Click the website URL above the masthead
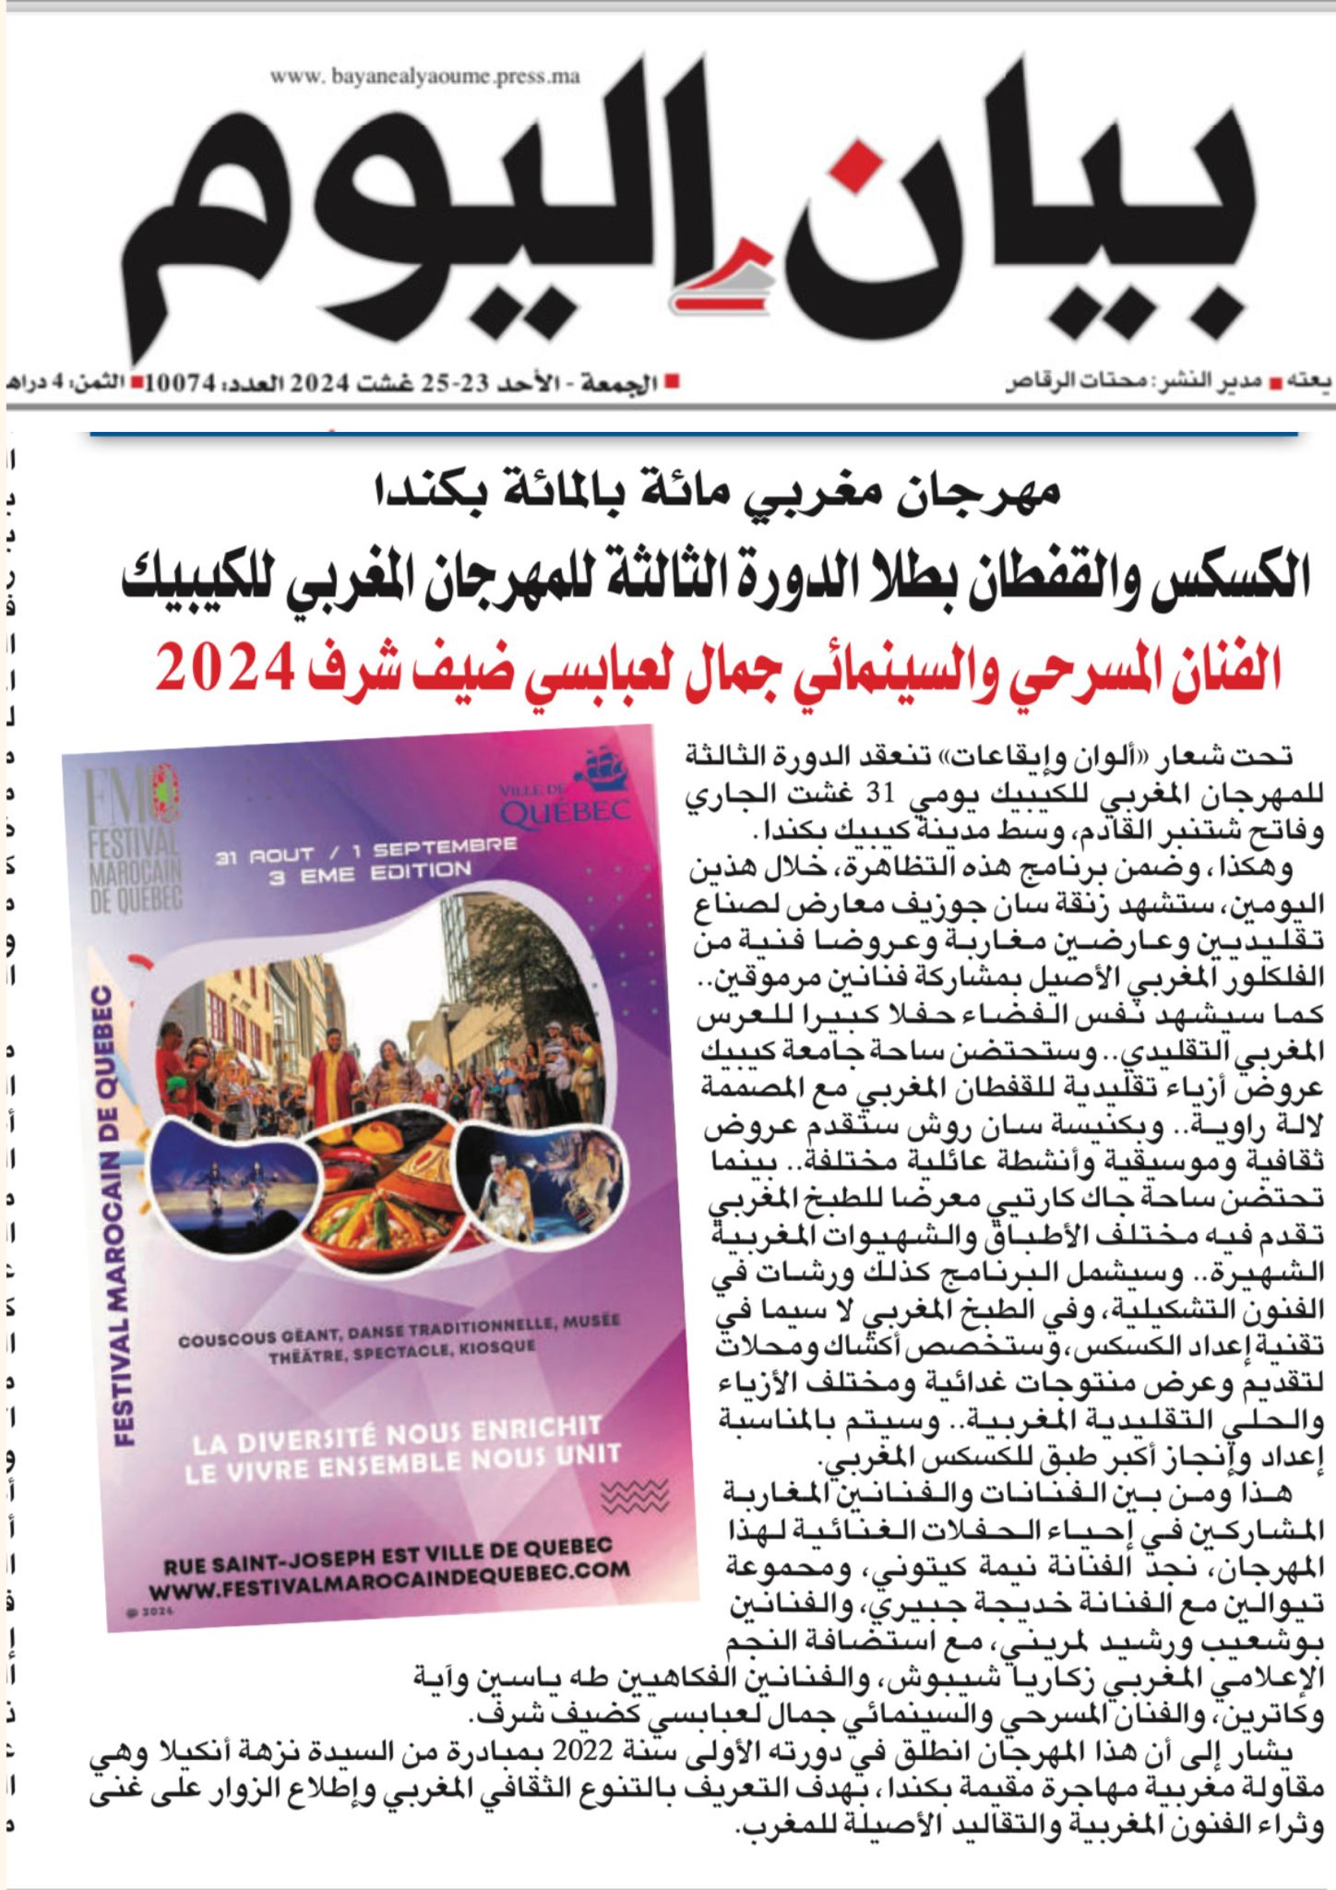(x=425, y=78)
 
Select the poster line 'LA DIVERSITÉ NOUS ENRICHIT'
(x=397, y=1435)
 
